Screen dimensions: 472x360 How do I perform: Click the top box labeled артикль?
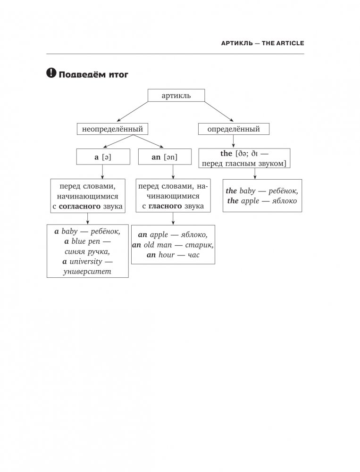[x=176, y=96]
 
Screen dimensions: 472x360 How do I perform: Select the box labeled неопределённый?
[x=112, y=128]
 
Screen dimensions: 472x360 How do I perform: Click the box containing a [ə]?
[x=103, y=157]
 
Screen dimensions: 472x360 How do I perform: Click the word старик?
[x=199, y=244]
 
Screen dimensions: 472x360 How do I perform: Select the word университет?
[x=88, y=272]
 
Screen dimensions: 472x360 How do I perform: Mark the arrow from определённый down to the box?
[x=233, y=141]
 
